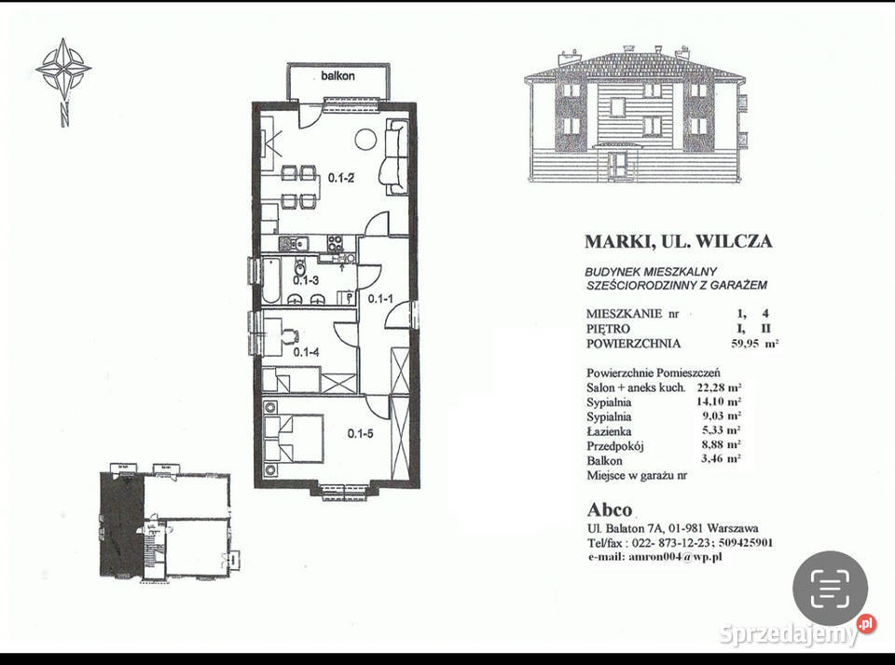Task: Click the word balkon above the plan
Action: coord(338,75)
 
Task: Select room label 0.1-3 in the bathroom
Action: coord(307,279)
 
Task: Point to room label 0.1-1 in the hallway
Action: coord(380,299)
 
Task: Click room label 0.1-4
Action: coord(307,352)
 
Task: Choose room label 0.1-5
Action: coord(362,433)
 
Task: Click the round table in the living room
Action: coord(365,140)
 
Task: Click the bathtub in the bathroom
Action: coord(270,281)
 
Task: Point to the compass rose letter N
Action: coord(63,116)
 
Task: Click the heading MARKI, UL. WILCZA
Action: coord(678,241)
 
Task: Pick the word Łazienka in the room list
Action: coord(611,431)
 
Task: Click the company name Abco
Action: coord(609,509)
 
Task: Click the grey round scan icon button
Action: coord(830,589)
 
